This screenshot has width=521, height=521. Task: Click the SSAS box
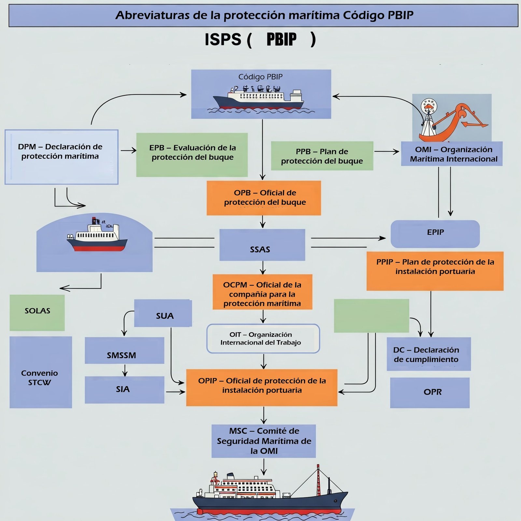[x=262, y=245]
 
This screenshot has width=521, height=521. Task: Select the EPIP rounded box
[x=435, y=234]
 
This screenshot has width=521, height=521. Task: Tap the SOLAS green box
[x=37, y=313]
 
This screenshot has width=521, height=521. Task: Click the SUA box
[x=163, y=313]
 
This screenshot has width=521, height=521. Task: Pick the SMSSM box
[x=124, y=350]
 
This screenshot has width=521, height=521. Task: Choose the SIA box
[x=124, y=390]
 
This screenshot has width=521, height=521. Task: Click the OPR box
[x=430, y=393]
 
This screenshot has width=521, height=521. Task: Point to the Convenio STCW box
[x=41, y=372]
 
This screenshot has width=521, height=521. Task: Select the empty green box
[x=372, y=316]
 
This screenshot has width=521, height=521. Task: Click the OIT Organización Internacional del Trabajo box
[x=263, y=339]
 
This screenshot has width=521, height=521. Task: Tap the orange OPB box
[x=264, y=198]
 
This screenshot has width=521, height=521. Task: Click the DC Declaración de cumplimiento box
[x=429, y=354]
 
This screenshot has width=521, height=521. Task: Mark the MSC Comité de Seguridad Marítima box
[x=264, y=441]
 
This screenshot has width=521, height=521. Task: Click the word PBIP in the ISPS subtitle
[x=282, y=40]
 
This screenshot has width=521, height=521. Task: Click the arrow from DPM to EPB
[x=129, y=150]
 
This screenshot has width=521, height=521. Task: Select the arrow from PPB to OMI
[x=387, y=151]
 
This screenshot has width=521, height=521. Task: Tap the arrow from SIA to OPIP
[x=176, y=392]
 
